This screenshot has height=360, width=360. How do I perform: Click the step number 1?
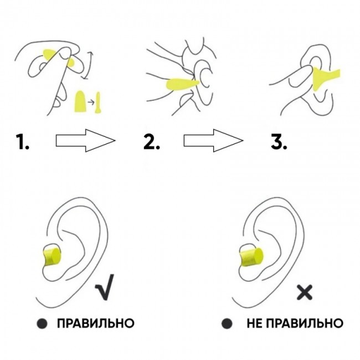pos(23,142)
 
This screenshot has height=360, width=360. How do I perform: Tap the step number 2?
pos(152,142)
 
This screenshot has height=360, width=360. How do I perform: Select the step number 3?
pos(279,142)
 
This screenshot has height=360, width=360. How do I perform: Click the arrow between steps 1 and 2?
pos(85,141)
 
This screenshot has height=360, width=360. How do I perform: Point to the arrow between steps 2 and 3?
pos(213,141)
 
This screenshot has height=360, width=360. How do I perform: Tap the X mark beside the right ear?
pos(305,292)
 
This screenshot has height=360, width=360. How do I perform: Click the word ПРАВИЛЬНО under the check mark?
pos(95,323)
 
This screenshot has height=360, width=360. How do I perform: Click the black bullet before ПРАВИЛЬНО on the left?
pos(42,323)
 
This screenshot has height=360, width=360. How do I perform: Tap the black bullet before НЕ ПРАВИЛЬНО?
pos(227,323)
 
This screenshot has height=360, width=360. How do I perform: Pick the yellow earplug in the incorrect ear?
pos(251,257)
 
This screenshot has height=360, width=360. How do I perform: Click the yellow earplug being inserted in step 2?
pos(181,84)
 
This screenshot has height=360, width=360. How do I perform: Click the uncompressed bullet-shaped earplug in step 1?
pos(80,101)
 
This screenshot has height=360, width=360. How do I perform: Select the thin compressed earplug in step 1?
pos(98,102)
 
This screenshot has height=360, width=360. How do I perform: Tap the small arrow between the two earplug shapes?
pos(91,102)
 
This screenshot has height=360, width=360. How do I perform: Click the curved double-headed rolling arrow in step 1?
pos(89,65)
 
